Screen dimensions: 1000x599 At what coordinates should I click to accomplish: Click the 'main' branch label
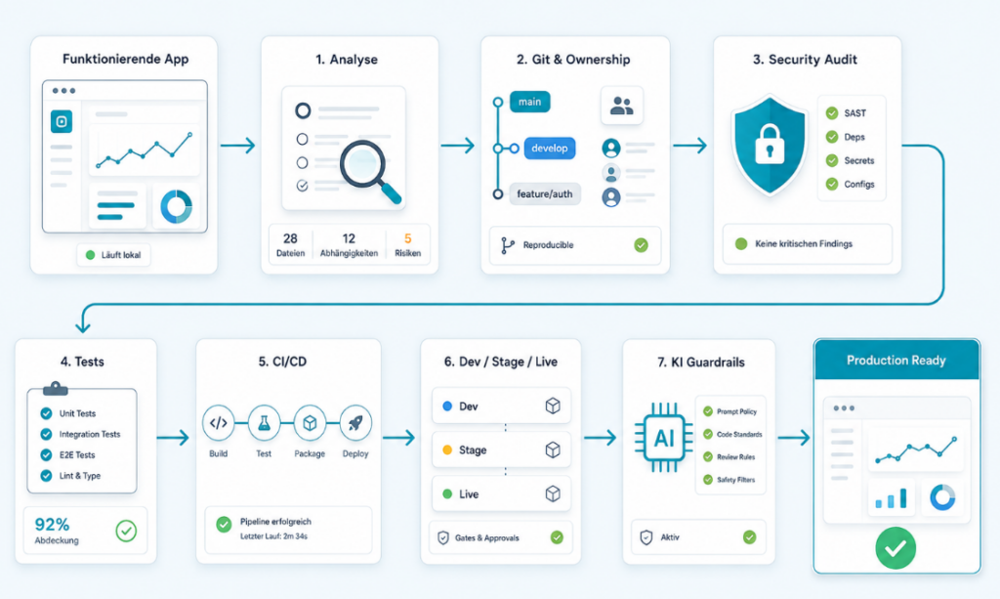pos(529,102)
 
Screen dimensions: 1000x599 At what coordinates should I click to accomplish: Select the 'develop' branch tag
pos(549,148)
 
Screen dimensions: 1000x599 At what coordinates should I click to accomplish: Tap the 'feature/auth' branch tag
pos(545,193)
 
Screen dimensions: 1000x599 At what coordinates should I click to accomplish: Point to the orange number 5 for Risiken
pos(407,238)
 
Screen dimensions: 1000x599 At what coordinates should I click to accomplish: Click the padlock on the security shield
pos(770,145)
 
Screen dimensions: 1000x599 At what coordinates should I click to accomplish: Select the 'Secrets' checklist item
pos(851,161)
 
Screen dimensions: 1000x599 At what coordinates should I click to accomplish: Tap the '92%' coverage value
pos(52,525)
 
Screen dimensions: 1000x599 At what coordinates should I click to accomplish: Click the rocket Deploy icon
pos(355,423)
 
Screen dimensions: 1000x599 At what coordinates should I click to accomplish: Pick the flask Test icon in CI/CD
pos(264,423)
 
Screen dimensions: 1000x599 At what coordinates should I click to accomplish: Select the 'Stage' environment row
pos(501,449)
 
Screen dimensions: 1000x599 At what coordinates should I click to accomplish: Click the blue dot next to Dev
pos(447,406)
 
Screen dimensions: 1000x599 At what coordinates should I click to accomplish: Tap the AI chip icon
pos(664,438)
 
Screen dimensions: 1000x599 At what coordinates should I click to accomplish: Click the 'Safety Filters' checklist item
pos(729,480)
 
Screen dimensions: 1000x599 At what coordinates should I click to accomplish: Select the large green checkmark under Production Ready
pos(896,548)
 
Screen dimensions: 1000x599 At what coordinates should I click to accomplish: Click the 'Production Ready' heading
pos(896,361)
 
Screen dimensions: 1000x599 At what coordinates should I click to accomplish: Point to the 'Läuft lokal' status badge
pos(113,255)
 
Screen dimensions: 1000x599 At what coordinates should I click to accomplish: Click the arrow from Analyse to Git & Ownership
pos(458,146)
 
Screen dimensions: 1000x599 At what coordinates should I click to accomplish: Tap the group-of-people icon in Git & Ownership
pos(622,106)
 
